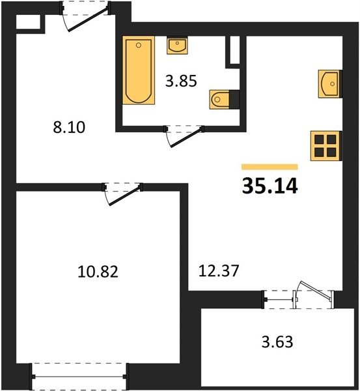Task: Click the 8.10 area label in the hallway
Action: click(69, 127)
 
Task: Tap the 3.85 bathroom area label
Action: click(181, 81)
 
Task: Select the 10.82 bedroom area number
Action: click(98, 272)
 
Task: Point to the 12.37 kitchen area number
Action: click(219, 270)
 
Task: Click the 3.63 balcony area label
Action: click(277, 341)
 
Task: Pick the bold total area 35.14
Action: click(270, 186)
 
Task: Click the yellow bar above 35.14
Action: click(270, 167)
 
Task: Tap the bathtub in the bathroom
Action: click(139, 70)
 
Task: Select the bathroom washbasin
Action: click(177, 46)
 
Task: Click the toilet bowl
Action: click(219, 99)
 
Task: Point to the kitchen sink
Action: click(329, 84)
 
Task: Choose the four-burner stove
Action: click(325, 145)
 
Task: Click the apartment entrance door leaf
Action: click(89, 19)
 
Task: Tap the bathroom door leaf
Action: click(186, 138)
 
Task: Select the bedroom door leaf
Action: click(124, 195)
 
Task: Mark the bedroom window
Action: click(79, 377)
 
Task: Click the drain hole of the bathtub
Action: click(139, 45)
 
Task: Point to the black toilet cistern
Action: click(234, 99)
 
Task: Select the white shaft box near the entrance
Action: click(28, 22)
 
